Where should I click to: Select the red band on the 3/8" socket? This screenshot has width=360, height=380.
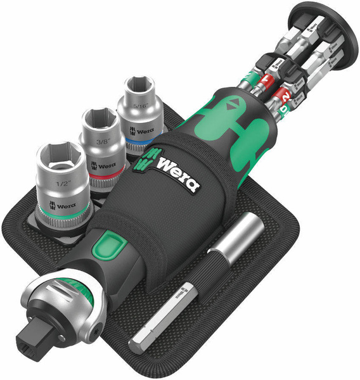[105, 172]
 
